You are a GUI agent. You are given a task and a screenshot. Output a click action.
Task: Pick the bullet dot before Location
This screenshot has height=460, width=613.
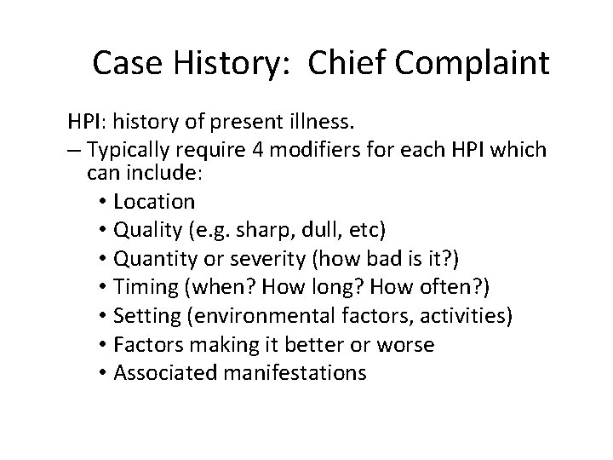[104, 203]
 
